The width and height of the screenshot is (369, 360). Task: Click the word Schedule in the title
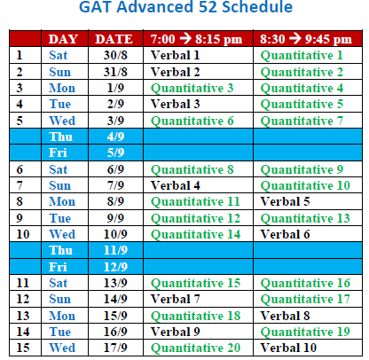257,6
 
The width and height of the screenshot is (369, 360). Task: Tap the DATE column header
114,39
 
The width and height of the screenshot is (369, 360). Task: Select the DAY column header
63,39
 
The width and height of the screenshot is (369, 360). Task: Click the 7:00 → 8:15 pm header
196,39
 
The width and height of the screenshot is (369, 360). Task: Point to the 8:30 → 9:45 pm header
306,39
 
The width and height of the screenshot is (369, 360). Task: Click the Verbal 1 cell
176,55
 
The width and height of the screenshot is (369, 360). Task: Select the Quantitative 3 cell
192,88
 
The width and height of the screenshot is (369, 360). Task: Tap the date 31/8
115,72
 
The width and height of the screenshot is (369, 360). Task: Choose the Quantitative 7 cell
302,121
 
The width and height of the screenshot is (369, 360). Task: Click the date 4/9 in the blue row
115,137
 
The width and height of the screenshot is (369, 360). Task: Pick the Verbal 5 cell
285,201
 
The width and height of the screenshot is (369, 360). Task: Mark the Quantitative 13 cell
305,218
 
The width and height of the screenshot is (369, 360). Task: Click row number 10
23,234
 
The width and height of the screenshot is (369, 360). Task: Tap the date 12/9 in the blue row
115,267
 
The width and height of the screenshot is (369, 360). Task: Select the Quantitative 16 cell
305,283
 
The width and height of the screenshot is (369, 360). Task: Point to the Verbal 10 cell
288,348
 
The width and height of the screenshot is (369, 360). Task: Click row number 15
23,348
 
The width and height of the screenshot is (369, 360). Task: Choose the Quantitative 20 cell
195,348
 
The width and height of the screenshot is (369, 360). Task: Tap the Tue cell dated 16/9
60,332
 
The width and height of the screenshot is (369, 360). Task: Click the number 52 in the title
208,6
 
